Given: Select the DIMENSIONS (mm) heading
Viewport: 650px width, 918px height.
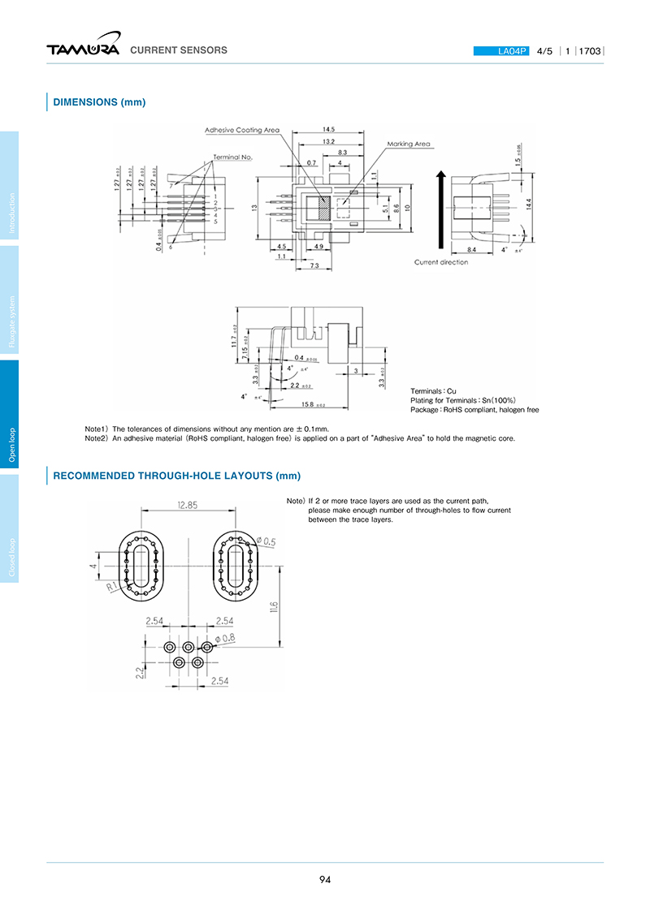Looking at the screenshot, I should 99,102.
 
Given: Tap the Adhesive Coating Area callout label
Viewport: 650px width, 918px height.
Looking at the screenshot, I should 242,130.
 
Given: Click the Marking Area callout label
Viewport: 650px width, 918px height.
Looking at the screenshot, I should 409,144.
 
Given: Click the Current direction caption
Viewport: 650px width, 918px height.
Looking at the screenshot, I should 441,262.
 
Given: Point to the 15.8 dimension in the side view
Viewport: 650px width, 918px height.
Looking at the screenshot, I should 308,404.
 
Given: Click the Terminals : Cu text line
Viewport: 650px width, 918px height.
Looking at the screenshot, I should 433,391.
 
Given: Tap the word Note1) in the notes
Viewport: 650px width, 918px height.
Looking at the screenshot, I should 97,429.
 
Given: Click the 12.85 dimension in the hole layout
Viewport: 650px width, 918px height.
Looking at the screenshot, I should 188,505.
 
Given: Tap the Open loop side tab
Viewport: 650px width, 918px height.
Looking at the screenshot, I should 12,445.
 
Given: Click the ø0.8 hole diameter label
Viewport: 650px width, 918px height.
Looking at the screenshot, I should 225,638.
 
